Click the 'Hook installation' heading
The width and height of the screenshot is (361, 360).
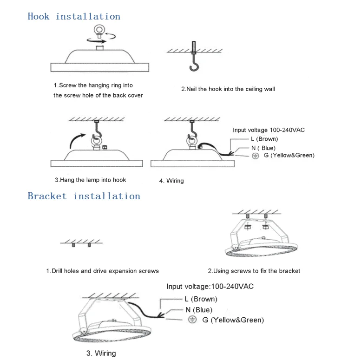(x=74, y=17)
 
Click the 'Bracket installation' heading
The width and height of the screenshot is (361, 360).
(x=84, y=196)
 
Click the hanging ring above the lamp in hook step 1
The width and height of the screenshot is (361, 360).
(x=99, y=29)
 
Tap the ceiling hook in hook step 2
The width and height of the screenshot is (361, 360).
(x=195, y=66)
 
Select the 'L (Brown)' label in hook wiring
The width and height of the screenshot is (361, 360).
(x=264, y=139)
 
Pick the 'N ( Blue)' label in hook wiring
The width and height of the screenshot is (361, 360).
(x=263, y=148)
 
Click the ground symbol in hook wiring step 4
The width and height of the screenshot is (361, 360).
(x=255, y=156)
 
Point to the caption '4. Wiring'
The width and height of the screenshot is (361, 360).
(x=171, y=181)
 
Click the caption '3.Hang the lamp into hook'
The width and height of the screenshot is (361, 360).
(x=90, y=180)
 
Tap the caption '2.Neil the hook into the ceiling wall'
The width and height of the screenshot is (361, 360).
(x=228, y=89)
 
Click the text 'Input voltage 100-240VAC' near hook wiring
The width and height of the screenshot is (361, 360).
(x=269, y=130)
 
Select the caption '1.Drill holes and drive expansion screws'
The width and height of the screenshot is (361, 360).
(x=103, y=271)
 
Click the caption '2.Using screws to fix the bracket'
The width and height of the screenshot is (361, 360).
(x=254, y=271)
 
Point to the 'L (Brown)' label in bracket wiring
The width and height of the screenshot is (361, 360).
(x=201, y=299)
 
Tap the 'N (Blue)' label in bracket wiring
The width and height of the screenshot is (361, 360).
(x=199, y=310)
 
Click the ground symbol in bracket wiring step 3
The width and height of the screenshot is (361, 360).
(x=192, y=320)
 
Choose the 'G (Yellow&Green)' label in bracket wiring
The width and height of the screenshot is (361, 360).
(x=233, y=320)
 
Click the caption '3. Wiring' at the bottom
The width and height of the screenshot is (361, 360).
(x=101, y=353)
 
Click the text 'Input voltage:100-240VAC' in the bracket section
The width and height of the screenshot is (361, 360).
(x=210, y=286)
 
